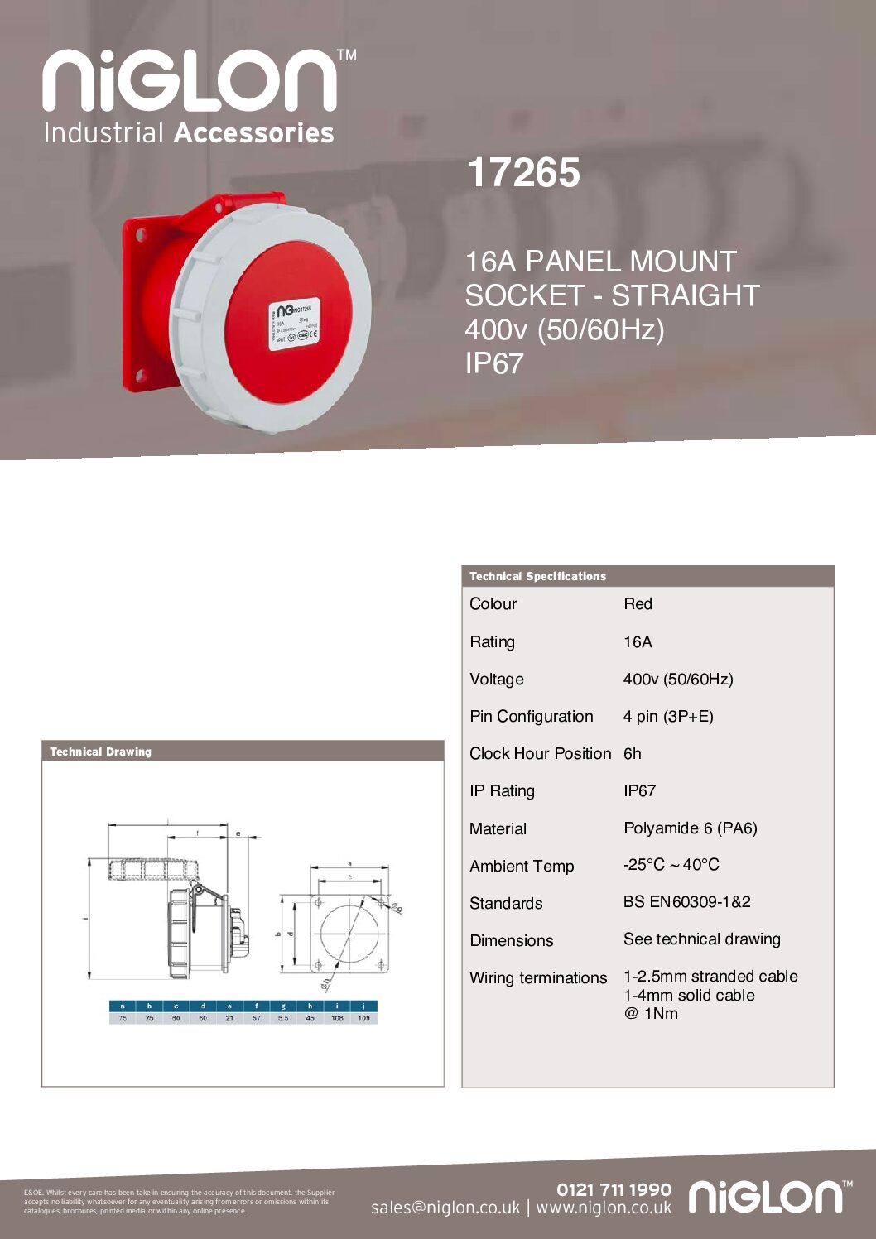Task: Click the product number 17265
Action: point(523,173)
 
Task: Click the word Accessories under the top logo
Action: point(253,132)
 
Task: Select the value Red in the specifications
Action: point(638,604)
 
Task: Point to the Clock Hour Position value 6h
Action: point(633,754)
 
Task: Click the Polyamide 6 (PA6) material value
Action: point(690,828)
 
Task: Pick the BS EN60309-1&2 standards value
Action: point(686,902)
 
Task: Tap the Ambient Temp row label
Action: point(522,867)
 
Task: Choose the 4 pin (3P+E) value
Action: point(668,717)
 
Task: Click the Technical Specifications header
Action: point(537,576)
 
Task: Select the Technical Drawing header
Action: point(100,752)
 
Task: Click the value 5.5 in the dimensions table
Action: point(283,1018)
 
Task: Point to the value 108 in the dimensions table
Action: point(337,1018)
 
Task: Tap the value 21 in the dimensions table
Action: point(229,1018)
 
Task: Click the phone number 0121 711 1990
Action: point(614,1189)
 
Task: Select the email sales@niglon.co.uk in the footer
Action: point(445,1208)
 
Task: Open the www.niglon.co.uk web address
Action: point(604,1208)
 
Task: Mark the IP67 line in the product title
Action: point(493,363)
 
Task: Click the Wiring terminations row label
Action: point(538,978)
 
